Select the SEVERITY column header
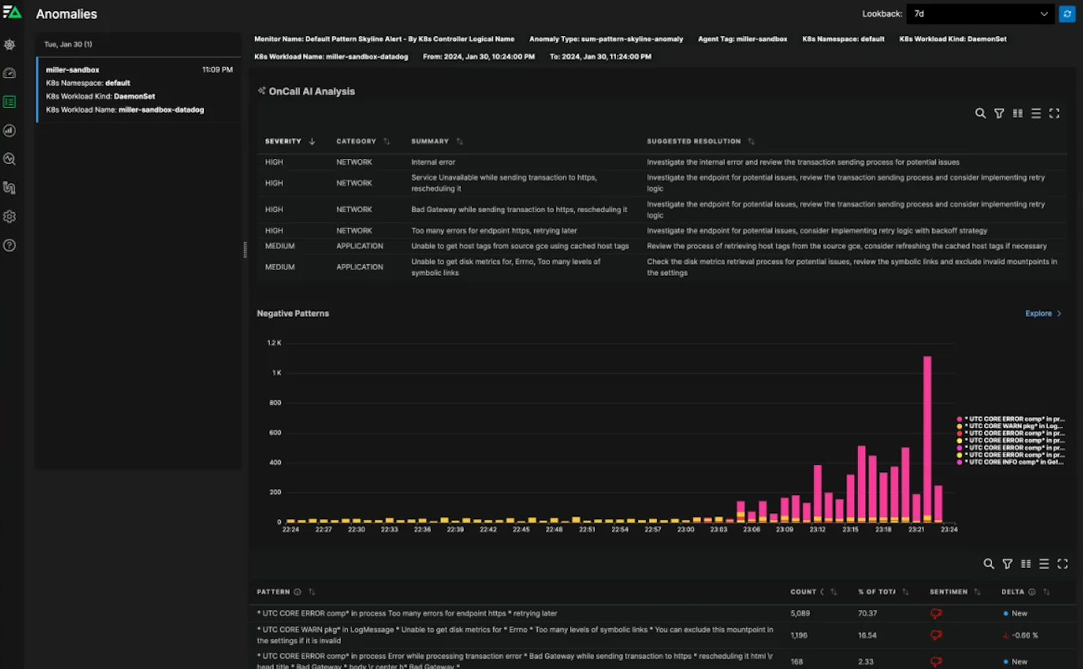[283, 141]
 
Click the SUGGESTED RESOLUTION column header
[693, 141]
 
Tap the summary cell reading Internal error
[433, 162]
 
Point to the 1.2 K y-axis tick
[274, 343]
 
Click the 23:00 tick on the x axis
[686, 529]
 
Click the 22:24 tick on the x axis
[291, 529]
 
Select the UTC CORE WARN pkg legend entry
[1014, 426]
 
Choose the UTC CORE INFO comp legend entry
[1014, 462]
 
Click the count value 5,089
[800, 613]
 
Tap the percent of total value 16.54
[867, 635]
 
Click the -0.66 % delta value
[1024, 635]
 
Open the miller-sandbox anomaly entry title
[72, 70]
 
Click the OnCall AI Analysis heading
[311, 91]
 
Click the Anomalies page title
[67, 14]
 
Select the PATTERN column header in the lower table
[273, 591]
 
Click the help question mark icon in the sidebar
[10, 245]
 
